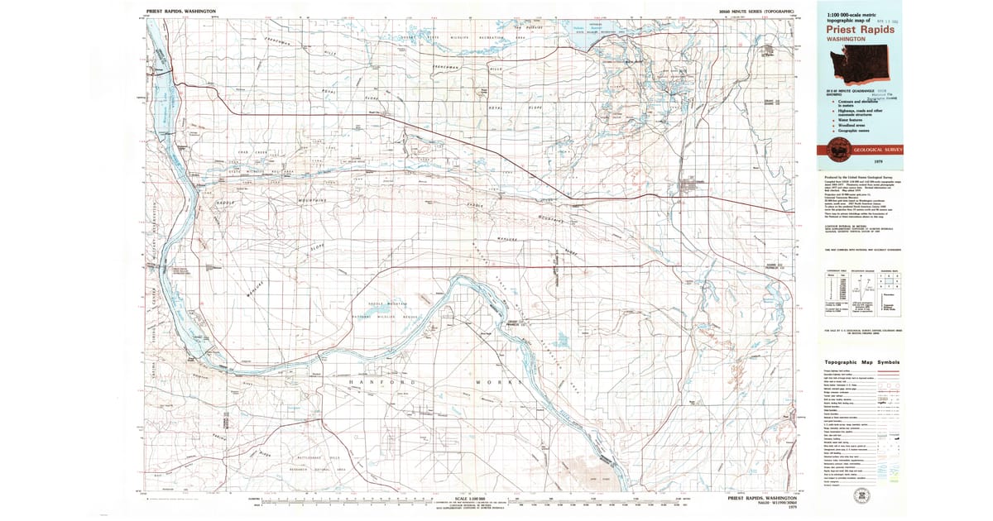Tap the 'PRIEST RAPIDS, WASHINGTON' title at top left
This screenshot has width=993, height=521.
tap(181, 12)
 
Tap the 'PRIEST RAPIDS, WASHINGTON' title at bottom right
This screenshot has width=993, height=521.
tap(762, 499)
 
